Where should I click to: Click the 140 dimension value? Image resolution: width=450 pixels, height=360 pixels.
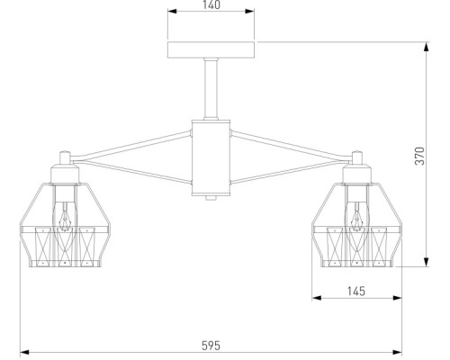[211, 4]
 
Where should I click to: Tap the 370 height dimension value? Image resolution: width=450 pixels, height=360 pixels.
[420, 156]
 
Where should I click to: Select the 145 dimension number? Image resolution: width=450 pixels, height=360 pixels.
[356, 291]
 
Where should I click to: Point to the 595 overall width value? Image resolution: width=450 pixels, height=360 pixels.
[211, 346]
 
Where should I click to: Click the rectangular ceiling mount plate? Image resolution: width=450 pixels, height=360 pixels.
[211, 49]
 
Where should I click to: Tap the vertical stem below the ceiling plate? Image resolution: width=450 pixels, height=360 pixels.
[211, 89]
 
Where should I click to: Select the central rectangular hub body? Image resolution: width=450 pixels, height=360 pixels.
[211, 157]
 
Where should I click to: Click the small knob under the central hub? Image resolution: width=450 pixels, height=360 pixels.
[211, 198]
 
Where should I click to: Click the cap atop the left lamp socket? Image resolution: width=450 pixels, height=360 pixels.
[65, 157]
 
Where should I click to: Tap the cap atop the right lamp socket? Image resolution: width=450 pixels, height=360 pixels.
[357, 157]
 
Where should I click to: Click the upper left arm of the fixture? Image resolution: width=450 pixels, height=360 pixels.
[131, 146]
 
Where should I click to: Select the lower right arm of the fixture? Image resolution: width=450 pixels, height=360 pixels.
[287, 173]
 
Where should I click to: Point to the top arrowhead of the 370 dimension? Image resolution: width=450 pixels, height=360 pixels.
[426, 47]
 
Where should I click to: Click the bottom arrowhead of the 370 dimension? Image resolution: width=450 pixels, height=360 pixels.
[426, 262]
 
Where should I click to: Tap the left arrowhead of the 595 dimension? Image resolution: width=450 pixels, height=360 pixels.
[24, 352]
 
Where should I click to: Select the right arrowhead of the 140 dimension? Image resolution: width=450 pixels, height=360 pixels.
[249, 12]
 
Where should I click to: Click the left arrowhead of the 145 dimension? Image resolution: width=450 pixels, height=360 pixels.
[317, 298]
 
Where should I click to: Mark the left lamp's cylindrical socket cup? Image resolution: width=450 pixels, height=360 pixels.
[65, 174]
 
